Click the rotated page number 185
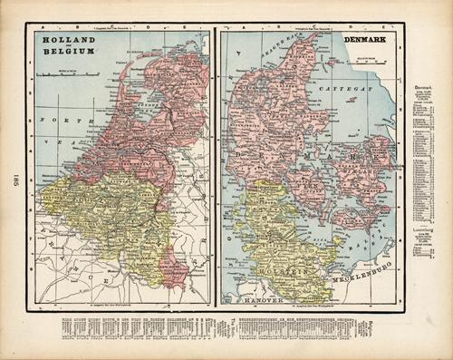pyautogui.click(x=15, y=181)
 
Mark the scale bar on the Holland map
pyautogui.click(x=63, y=73)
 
